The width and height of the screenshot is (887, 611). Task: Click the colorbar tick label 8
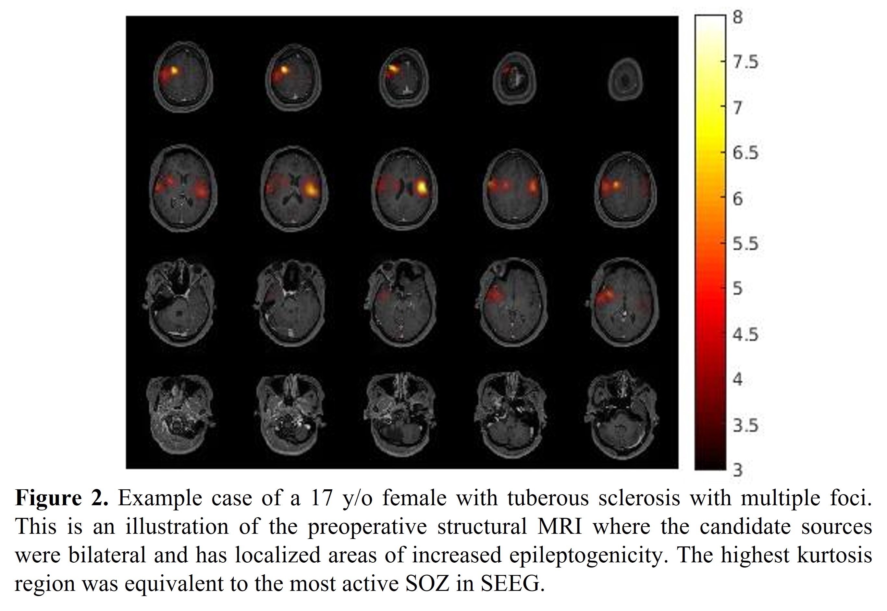(738, 17)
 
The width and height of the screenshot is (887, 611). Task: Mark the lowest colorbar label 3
(738, 470)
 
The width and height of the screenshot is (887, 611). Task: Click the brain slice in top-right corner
(625, 79)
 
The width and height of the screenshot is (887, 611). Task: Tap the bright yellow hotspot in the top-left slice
(174, 70)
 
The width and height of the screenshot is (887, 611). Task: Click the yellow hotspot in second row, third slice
(422, 187)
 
